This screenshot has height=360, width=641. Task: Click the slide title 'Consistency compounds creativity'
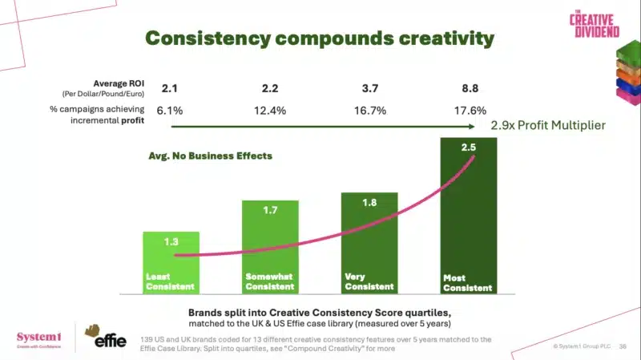(x=319, y=38)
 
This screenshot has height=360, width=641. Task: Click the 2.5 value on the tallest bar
(x=469, y=148)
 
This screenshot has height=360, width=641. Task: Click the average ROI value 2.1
(x=170, y=87)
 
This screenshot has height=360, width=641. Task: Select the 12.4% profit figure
(x=269, y=110)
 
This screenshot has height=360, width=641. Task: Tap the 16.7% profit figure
(x=369, y=110)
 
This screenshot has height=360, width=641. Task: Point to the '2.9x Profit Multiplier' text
(x=548, y=126)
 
